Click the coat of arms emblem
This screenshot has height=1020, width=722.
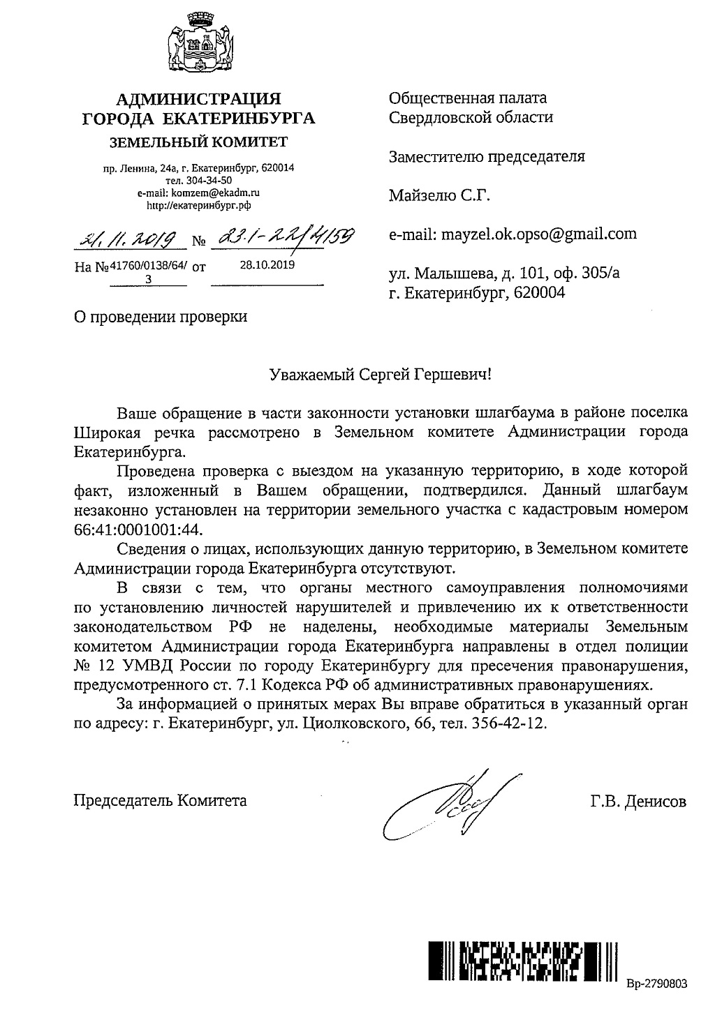pos(198,49)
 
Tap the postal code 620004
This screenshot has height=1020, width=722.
pos(538,293)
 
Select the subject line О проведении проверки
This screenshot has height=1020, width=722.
pos(161,317)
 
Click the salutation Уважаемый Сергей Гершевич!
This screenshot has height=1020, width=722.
pos(381,374)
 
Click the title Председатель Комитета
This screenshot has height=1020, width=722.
pos(161,800)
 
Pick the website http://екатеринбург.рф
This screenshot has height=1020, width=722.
pos(198,204)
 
